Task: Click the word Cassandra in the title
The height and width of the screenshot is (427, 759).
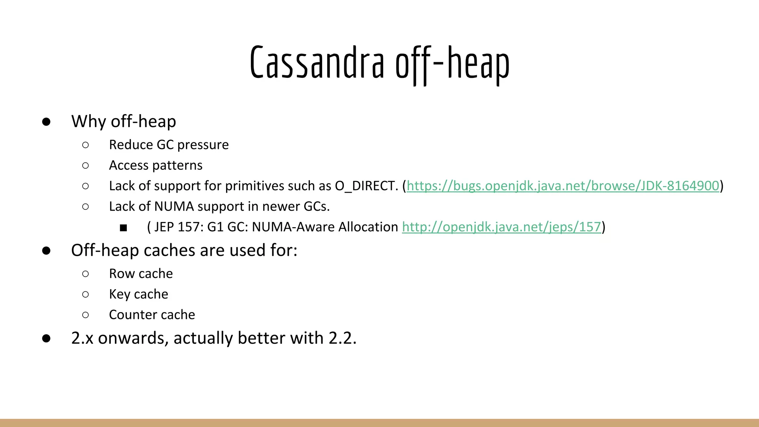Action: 317,63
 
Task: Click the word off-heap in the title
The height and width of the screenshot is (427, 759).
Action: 452,63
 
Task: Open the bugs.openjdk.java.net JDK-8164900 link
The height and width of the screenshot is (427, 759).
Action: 563,186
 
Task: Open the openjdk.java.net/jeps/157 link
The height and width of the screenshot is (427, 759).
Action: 501,227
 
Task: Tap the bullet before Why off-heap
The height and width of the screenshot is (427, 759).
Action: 46,122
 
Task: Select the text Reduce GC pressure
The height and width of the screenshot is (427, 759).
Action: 169,145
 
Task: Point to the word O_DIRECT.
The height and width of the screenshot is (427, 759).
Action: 366,186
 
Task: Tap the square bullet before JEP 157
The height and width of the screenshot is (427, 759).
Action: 123,228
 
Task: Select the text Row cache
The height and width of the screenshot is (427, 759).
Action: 141,274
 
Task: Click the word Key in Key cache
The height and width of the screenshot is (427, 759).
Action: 119,294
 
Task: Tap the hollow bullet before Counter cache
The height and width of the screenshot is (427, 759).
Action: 86,315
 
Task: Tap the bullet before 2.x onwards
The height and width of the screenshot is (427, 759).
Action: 46,338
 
